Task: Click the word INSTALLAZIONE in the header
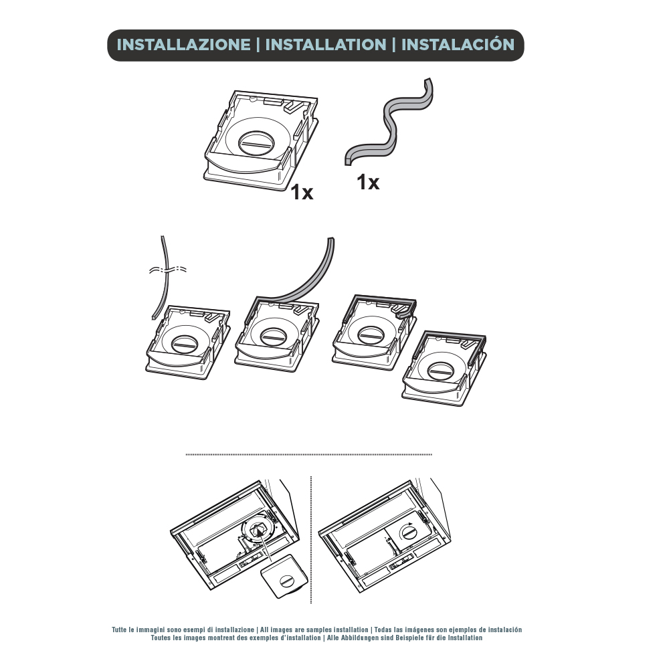coord(183,45)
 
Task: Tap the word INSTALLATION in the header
coord(326,45)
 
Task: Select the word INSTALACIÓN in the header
coord(458,44)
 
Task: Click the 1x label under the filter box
coord(302,193)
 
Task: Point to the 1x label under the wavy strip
coord(368,182)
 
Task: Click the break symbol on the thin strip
coord(168,270)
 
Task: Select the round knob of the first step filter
coord(185,343)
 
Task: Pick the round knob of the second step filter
coord(273,337)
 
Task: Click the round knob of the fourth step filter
coord(441,371)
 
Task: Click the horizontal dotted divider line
coord(309,455)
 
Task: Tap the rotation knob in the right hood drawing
coord(409,533)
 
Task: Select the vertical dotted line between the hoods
coord(311,540)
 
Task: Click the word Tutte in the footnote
coord(119,630)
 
